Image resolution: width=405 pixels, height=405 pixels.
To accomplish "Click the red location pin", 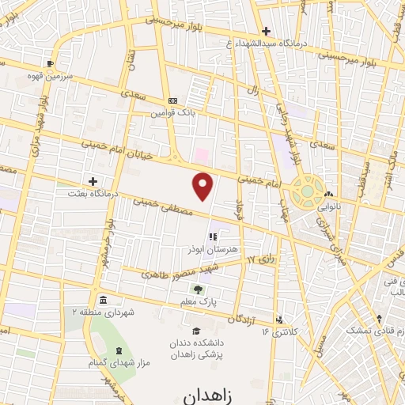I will click(x=204, y=186).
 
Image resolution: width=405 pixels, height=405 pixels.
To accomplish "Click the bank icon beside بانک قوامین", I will click(x=173, y=100).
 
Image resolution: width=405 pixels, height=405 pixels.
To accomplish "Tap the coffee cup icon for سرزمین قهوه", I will click(x=50, y=63).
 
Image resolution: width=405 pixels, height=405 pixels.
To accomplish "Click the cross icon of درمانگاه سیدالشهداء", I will click(x=267, y=32).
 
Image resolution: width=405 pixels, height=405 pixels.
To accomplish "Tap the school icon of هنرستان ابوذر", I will click(x=212, y=236).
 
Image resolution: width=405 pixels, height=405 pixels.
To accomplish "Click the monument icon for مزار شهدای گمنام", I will click(x=118, y=350).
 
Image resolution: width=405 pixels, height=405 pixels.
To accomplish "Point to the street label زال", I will click(x=252, y=91).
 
